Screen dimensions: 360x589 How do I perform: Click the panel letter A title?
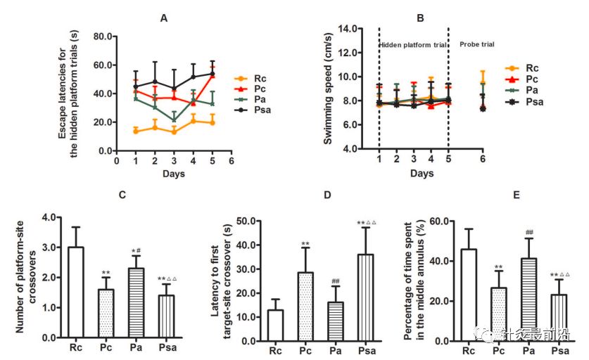pyautogui.click(x=163, y=18)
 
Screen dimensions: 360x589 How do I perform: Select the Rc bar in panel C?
pyautogui.click(x=75, y=292)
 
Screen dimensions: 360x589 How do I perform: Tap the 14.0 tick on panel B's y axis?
pyautogui.click(x=350, y=29)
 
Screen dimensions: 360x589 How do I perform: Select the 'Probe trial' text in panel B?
pyautogui.click(x=476, y=44)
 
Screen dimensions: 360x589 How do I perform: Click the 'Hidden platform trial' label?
pyautogui.click(x=413, y=44)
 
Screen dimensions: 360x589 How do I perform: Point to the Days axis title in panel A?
pyautogui.click(x=174, y=173)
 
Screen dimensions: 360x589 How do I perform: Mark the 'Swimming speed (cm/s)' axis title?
pyautogui.click(x=328, y=89)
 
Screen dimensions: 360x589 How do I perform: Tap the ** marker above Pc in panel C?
pyautogui.click(x=106, y=273)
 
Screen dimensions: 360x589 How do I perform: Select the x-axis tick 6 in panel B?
pyautogui.click(x=482, y=160)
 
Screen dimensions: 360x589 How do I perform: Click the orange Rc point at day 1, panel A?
pyautogui.click(x=135, y=131)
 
